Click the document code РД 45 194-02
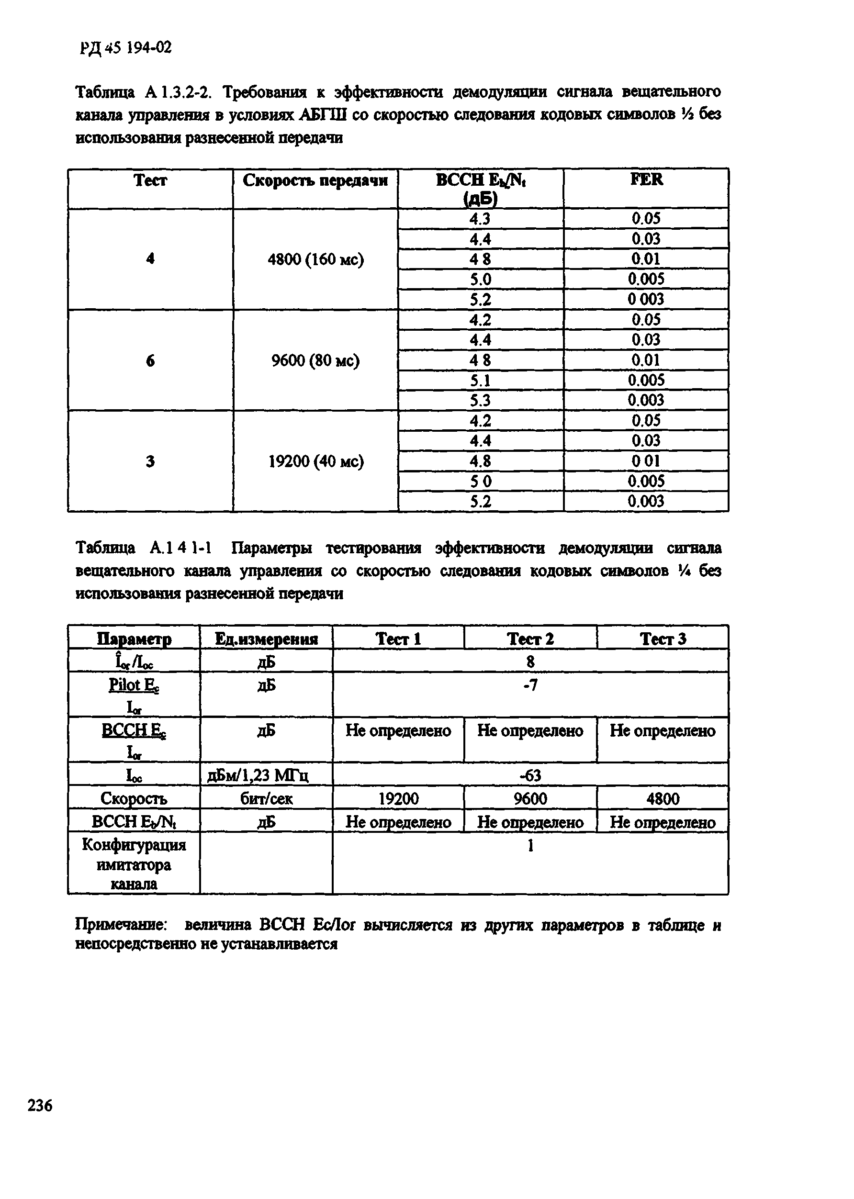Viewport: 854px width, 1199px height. coord(126,48)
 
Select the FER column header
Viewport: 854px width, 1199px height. coord(646,180)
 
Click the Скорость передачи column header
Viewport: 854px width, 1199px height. coord(315,181)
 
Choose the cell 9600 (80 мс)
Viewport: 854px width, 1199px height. coord(315,360)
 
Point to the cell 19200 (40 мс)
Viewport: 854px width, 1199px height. coord(315,461)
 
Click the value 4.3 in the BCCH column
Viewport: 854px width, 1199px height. coord(480,219)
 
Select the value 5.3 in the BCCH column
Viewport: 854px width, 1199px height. coord(480,401)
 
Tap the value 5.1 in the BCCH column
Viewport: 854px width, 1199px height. coord(480,380)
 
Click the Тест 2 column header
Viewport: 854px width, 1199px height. coord(530,639)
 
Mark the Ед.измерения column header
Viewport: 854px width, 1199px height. coord(266,639)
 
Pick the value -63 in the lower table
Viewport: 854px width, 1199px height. coord(530,775)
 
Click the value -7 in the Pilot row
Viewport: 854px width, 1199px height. coord(530,685)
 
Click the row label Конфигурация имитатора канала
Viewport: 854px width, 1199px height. coord(134,864)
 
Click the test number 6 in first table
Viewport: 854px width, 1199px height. coord(150,360)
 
